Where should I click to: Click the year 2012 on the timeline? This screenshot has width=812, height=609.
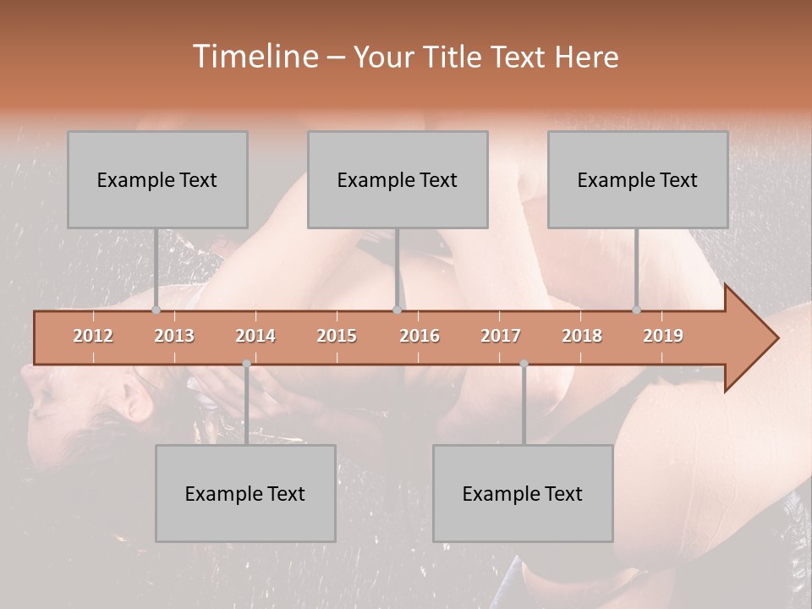(x=93, y=336)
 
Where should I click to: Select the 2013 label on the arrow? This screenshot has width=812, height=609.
(x=174, y=336)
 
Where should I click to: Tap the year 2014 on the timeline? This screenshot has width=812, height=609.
(x=255, y=336)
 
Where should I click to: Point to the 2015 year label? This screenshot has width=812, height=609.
(x=337, y=336)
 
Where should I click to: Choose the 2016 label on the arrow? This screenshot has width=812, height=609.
(x=420, y=336)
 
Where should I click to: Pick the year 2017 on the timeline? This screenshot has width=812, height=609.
(x=501, y=336)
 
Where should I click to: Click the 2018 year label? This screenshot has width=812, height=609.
(x=582, y=336)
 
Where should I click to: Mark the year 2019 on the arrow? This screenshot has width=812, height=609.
(x=663, y=336)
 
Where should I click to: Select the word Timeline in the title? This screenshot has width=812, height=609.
(x=254, y=57)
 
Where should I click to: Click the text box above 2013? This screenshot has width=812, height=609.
(x=157, y=179)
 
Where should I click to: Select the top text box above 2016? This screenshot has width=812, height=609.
(x=398, y=179)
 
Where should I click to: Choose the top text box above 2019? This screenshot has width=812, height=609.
(x=638, y=179)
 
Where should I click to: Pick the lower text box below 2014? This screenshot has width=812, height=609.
(x=245, y=493)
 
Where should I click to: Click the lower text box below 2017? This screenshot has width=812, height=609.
(x=523, y=493)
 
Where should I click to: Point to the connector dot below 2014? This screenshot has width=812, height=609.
(x=246, y=364)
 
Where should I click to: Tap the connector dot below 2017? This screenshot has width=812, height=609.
(x=524, y=364)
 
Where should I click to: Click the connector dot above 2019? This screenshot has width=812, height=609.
(x=637, y=310)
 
